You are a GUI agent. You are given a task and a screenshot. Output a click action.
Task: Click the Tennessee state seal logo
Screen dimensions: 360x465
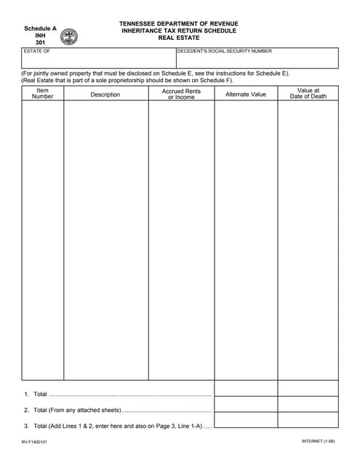tap(69, 36)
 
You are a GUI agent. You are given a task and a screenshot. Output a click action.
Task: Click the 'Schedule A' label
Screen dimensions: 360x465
tap(40, 28)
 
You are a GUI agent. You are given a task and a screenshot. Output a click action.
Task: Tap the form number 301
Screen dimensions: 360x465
tap(40, 43)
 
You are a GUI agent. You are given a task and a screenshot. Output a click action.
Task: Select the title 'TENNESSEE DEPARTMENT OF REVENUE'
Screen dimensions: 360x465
tap(179, 24)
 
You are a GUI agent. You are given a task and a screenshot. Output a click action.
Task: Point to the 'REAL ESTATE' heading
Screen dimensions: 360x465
tap(179, 38)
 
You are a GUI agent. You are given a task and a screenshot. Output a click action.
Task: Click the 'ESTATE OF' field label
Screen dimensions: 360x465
tap(37, 52)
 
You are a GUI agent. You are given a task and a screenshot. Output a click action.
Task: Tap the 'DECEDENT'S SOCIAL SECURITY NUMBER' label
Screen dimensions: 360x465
tap(225, 52)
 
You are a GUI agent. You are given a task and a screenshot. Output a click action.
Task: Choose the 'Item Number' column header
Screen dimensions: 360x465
tap(42, 94)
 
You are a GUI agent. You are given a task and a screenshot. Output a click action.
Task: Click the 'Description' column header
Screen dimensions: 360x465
tap(105, 94)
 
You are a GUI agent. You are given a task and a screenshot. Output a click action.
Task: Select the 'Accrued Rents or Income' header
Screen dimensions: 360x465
tap(181, 94)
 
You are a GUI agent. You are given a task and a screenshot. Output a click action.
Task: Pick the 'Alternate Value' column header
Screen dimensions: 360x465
tap(246, 94)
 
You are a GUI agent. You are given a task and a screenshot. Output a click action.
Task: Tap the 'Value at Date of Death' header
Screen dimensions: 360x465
tap(308, 94)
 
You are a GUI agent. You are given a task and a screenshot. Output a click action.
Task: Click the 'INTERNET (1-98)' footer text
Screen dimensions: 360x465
tap(319, 442)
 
